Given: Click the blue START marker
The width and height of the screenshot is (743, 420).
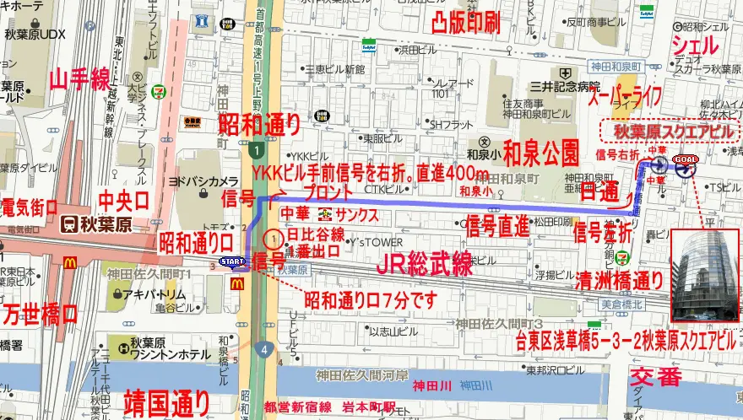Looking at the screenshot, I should pos(232,262).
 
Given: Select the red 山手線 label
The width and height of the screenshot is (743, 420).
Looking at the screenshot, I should pos(79,81).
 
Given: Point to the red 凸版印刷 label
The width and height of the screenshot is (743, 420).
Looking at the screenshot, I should pos(466,22).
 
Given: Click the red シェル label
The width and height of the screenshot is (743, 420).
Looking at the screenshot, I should pos(696,45).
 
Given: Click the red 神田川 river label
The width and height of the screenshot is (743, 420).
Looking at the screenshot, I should pos(431,386).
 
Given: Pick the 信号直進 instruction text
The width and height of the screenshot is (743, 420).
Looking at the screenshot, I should pos(496,225).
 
